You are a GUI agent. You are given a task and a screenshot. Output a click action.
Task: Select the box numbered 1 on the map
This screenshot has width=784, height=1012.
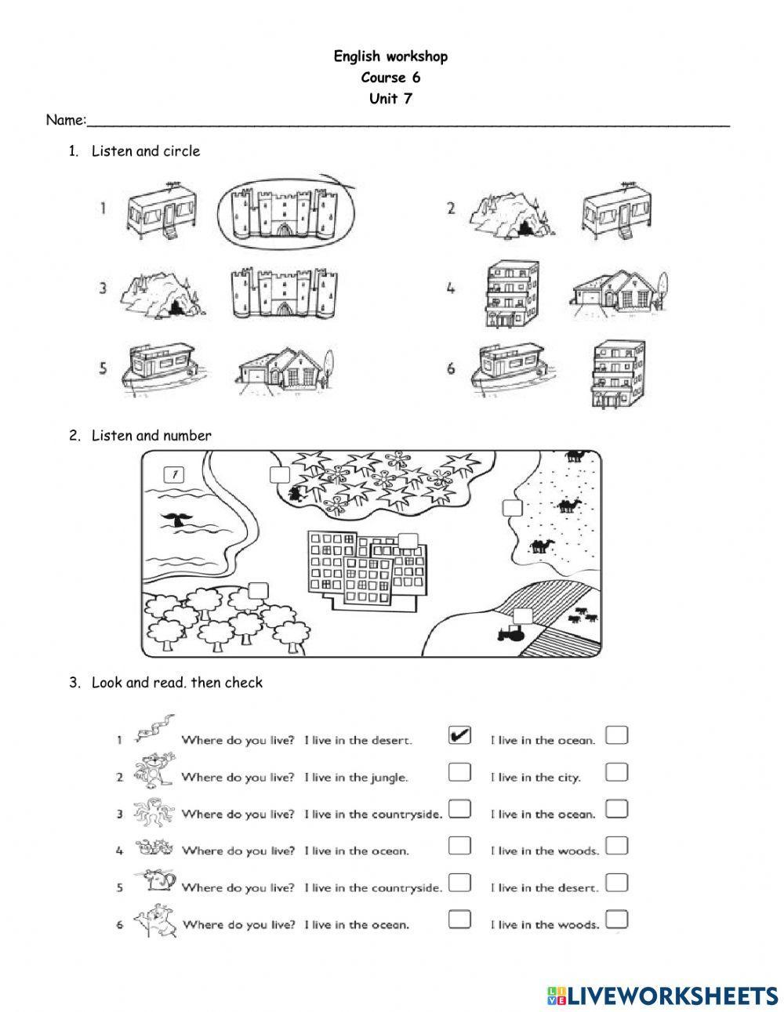(174, 474)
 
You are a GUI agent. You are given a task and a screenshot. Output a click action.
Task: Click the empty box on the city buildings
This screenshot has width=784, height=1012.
(408, 541)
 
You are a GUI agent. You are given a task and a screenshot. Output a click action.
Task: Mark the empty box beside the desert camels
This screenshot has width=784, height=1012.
(512, 508)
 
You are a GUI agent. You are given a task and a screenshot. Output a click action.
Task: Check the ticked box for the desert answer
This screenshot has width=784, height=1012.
(459, 735)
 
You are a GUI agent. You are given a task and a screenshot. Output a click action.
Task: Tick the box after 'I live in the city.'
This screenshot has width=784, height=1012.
(617, 772)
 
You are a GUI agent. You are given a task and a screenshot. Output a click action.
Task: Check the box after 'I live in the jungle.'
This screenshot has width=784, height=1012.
(459, 772)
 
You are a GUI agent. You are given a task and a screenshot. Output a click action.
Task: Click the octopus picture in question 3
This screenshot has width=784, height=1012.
(151, 811)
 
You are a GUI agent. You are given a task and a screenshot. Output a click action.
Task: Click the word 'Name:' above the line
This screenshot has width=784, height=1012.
(65, 120)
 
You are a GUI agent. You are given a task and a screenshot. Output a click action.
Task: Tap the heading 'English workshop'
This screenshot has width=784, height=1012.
(390, 56)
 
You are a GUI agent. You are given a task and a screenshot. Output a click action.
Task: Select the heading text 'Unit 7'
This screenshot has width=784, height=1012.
(390, 99)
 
